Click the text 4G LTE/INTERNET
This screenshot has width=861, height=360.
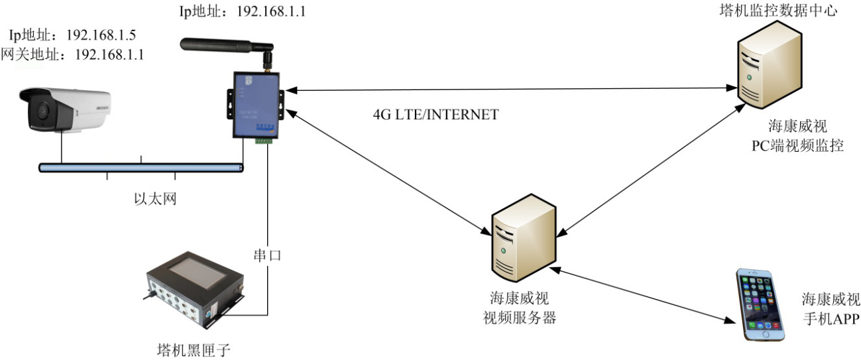(x=435, y=114)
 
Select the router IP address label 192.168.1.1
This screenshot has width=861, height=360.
(x=242, y=11)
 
